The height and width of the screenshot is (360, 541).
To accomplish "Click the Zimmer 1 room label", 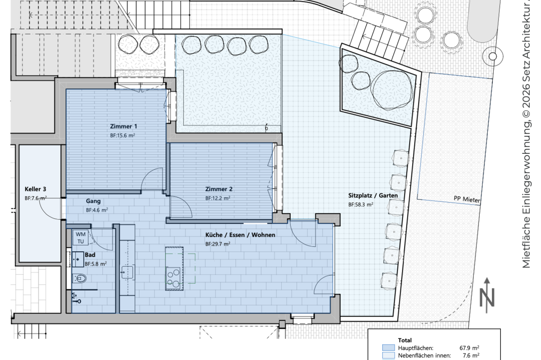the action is pos(124,126).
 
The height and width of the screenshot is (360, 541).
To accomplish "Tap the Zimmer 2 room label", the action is pos(219,189).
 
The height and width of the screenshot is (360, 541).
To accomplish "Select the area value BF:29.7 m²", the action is pos(218,244).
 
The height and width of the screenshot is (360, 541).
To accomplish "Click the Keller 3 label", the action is pos(35,189).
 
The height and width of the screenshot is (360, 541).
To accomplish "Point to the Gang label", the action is pos(93,201).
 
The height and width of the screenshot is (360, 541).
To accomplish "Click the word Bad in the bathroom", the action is pos(90,255).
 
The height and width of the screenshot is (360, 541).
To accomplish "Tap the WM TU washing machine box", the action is pos(80,237).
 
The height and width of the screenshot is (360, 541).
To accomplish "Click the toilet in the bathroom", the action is pos(79,279).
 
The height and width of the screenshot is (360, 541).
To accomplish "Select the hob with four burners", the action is pos(174,278).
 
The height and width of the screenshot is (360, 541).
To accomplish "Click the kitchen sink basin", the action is pos(128,272).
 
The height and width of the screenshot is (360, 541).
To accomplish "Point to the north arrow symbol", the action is pos(487,295).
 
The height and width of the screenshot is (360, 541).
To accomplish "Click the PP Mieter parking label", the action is pos(467,199).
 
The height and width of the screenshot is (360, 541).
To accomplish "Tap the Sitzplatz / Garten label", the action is pos(373,195).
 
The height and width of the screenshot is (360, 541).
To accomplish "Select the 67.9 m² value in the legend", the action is pos(469,348).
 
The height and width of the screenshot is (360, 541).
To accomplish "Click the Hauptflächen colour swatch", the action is pos(388,348).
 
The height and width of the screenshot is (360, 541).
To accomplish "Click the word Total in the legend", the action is pos(405,340).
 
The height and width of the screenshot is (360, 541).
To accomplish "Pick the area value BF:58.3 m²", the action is pos(361,205).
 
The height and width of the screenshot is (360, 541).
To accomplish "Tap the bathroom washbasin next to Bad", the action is pos(78,259).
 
